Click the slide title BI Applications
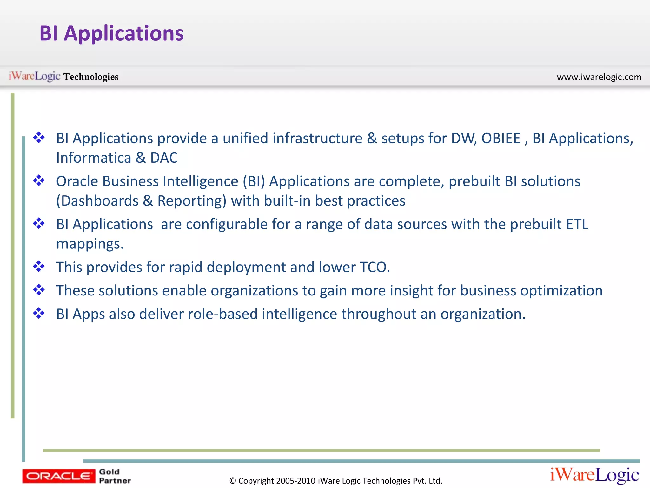(x=111, y=33)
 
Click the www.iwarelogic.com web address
(x=599, y=77)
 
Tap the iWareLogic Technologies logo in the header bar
(x=63, y=77)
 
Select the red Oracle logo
(x=58, y=476)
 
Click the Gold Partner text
(x=114, y=476)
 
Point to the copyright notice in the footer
(x=335, y=481)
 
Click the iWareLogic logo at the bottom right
(x=594, y=475)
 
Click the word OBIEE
(x=501, y=139)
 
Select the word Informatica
(x=94, y=158)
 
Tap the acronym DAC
(x=164, y=158)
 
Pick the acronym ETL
(x=577, y=224)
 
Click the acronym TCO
(x=373, y=267)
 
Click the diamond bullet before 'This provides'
(x=39, y=266)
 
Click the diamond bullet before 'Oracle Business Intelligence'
(x=39, y=180)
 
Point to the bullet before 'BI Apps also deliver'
(x=39, y=313)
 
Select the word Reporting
(x=192, y=201)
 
